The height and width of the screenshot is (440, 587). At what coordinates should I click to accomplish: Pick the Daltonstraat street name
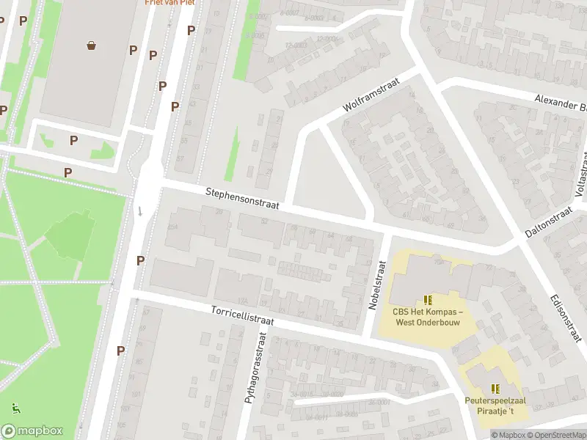click(x=548, y=221)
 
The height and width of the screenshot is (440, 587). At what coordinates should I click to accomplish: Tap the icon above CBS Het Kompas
click(x=428, y=299)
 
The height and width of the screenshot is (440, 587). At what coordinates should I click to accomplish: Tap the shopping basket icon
click(x=92, y=45)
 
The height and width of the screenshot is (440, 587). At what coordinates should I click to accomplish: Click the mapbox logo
click(x=32, y=431)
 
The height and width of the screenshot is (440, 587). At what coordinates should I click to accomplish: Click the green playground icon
click(x=14, y=407)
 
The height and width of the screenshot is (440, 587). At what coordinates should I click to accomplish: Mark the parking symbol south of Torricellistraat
click(x=120, y=351)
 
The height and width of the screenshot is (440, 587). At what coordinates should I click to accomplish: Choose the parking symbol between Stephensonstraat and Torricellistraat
click(x=140, y=260)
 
